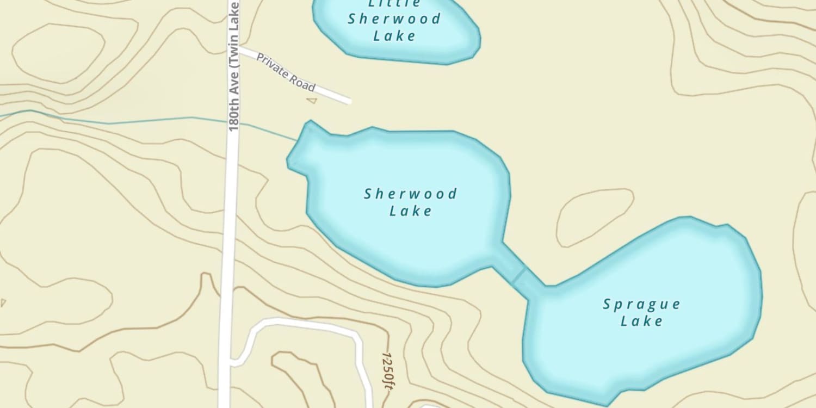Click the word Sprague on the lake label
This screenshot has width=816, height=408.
641,304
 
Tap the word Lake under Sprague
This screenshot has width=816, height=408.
641,321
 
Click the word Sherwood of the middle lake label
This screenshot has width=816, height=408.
411,194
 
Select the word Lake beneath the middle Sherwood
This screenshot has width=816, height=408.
411,211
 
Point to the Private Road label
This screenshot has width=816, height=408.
286,72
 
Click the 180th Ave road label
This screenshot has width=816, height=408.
234,65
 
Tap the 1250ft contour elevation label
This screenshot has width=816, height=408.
387,370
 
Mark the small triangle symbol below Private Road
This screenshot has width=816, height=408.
311,100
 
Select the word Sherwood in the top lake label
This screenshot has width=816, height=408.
394,19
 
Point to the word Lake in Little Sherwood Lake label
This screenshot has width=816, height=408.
394,36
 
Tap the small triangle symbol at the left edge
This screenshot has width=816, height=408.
3,302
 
